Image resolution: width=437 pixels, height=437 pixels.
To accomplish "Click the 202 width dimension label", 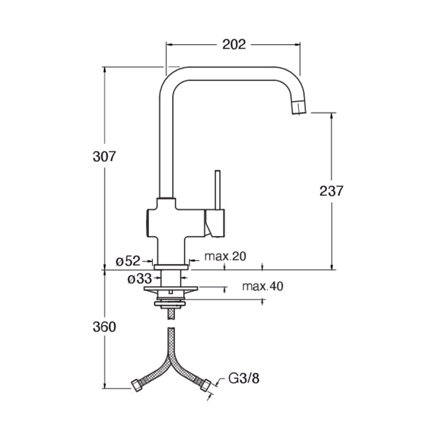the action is tap(234, 45).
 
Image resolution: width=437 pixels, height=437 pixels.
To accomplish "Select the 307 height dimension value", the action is tap(104, 157).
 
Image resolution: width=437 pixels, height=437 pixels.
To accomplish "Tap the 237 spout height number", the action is tap(332, 191).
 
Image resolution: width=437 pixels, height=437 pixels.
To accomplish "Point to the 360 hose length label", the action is tap(104, 327).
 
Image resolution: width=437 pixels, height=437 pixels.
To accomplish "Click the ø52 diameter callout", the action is tap(128, 261).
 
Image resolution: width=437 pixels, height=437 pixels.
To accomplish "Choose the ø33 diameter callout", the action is tap(140, 279).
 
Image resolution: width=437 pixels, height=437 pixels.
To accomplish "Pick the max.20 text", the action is tap(225, 256).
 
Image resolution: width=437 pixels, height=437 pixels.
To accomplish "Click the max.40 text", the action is tap(263, 286).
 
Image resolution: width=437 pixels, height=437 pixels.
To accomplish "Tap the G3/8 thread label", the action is tap(244, 379).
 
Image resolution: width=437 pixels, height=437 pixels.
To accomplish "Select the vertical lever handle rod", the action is tap(217, 190).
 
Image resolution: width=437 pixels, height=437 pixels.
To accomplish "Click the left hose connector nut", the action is tap(137, 386).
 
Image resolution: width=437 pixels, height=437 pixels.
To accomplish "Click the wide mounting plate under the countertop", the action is tap(170, 289).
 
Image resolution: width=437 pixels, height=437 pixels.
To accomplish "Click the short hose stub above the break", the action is tap(170, 314).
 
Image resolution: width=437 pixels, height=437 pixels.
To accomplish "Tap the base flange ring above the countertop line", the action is tap(170, 267).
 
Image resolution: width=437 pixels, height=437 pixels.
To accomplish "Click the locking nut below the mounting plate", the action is tap(170, 304).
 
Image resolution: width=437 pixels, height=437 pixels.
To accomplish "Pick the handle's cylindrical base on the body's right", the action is tap(215, 223).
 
